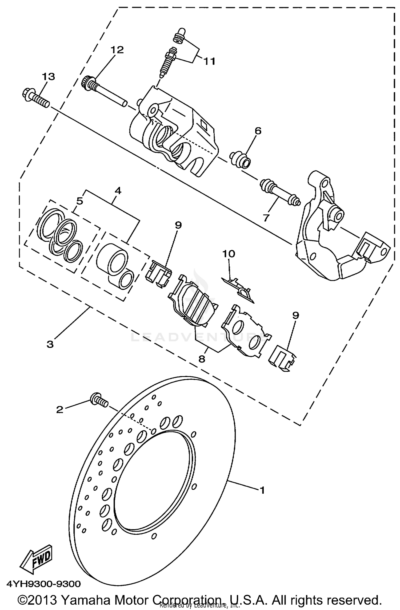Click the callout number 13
(48, 77)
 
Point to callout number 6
(258, 131)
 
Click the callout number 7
(266, 218)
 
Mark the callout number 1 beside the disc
(262, 490)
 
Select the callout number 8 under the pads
(202, 359)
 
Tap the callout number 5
(80, 201)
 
